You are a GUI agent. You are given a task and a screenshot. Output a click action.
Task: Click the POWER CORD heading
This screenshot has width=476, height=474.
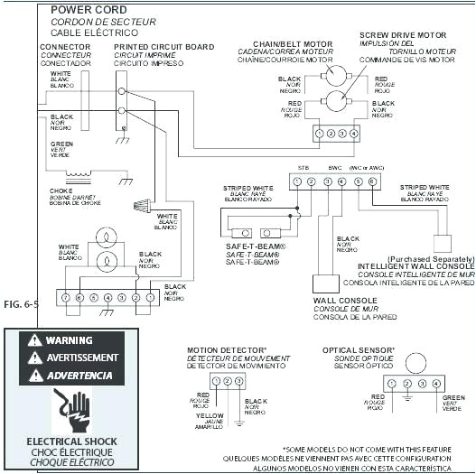88,9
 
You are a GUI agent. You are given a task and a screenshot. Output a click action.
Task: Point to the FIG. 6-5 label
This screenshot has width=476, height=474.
21,303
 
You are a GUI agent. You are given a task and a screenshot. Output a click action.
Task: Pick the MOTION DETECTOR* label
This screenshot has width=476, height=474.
227,349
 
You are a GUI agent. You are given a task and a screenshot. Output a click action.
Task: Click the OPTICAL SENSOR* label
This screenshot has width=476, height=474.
359,349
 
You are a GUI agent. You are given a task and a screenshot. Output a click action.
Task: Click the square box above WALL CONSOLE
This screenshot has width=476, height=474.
326,283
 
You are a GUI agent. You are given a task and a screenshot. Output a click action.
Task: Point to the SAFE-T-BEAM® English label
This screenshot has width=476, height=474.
256,246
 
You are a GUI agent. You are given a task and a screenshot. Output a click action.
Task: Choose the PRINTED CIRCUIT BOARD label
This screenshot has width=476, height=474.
164,45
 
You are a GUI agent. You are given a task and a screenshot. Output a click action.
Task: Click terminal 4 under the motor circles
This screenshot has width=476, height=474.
354,134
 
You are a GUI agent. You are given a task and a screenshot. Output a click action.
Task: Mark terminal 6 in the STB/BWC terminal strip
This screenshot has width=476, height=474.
371,181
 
